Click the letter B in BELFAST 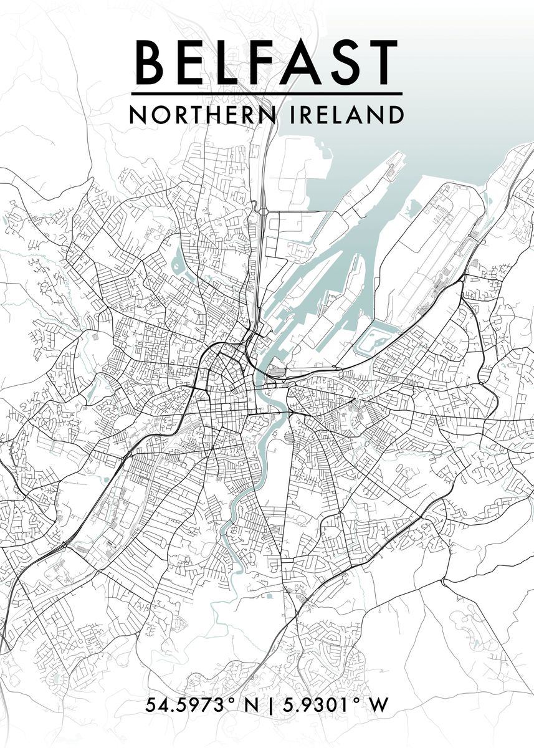coord(149,62)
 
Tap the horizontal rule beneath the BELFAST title coord(267,94)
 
